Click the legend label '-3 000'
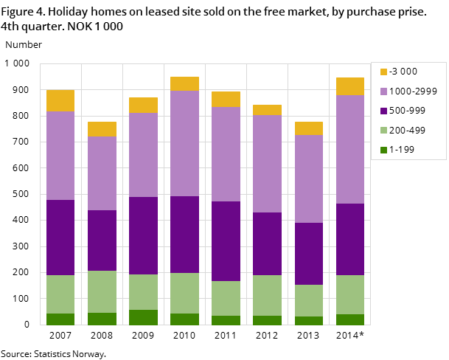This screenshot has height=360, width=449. (x=403, y=72)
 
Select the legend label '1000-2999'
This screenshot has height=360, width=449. (x=413, y=91)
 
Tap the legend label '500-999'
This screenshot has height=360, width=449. (x=408, y=111)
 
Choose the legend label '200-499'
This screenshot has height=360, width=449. (x=408, y=131)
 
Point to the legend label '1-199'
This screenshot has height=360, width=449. (x=403, y=150)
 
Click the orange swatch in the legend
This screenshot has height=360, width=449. (x=383, y=72)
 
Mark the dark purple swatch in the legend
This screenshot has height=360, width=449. (x=383, y=111)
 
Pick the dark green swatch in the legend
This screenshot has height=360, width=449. (x=383, y=150)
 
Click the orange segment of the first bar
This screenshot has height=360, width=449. (x=60, y=100)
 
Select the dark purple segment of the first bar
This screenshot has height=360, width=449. (x=60, y=238)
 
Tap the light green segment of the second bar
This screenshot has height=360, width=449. (x=102, y=291)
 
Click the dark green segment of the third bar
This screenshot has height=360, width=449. (x=143, y=317)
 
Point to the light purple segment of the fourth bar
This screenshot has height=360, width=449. (x=184, y=143)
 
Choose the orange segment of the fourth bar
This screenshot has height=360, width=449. (x=184, y=83)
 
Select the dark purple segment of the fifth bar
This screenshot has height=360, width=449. (x=226, y=241)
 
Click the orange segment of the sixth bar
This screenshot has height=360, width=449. (x=267, y=110)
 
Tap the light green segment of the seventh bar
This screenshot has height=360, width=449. (x=309, y=300)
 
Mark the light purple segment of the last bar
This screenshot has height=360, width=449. (x=350, y=149)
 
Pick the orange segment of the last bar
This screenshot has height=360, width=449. (x=350, y=86)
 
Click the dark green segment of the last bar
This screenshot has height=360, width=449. (x=350, y=319)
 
